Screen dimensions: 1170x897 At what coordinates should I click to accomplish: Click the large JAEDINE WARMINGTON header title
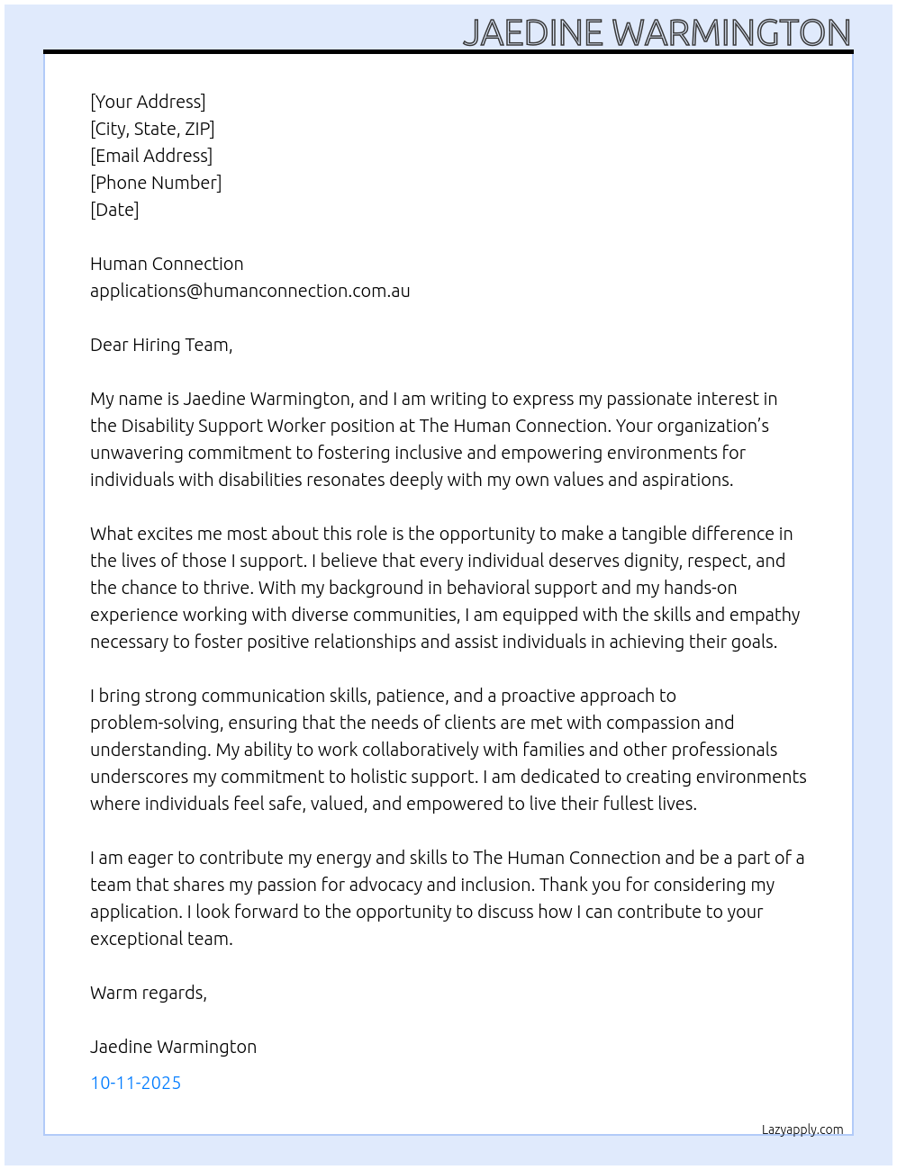[657, 32]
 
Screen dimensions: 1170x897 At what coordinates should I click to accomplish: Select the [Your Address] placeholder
[148, 102]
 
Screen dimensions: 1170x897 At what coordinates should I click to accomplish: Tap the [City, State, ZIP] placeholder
[152, 129]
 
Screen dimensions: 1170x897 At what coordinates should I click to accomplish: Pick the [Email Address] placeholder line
[151, 156]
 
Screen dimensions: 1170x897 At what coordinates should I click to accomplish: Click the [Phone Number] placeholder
[156, 183]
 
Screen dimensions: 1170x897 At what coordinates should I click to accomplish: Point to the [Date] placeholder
[114, 210]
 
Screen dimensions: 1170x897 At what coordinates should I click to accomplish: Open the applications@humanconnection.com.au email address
[249, 291]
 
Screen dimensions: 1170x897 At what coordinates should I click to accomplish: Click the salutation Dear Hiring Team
[161, 345]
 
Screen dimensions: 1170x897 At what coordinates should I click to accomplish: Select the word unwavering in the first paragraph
[136, 453]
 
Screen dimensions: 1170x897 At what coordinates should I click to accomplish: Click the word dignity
[651, 561]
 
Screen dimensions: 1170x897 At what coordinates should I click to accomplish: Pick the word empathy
[765, 615]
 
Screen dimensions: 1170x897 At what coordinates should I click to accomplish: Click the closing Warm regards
[149, 993]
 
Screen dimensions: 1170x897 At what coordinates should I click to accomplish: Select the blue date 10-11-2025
[135, 1083]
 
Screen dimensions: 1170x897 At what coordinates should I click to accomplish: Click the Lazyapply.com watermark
[802, 1129]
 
